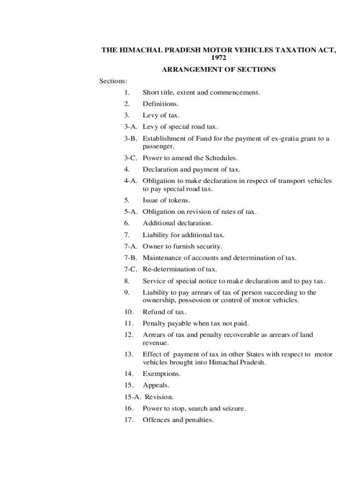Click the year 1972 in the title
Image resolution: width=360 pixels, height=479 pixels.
[218, 58]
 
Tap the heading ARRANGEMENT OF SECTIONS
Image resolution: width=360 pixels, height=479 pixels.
[218, 70]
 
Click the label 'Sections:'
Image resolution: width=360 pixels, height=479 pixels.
[113, 81]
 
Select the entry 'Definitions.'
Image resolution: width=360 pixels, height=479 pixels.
[161, 104]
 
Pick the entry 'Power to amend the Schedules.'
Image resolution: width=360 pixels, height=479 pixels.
[190, 158]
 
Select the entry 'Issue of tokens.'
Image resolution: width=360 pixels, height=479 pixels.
[166, 201]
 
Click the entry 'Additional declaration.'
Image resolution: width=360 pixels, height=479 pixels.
[178, 224]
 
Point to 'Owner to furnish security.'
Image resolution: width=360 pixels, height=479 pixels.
[182, 247]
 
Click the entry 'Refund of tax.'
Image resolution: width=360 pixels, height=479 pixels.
[165, 312]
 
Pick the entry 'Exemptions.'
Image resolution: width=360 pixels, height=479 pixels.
[162, 374]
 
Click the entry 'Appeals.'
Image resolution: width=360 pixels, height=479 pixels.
[156, 385]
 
